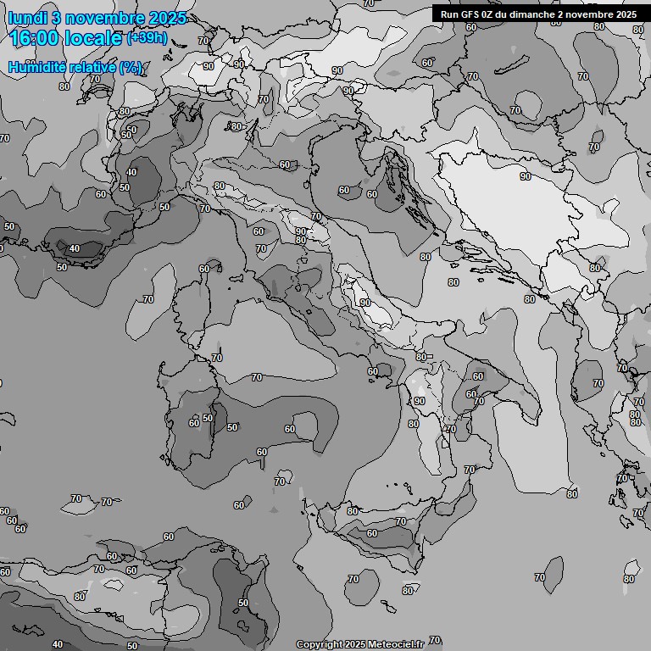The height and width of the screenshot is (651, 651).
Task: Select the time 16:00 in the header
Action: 39,38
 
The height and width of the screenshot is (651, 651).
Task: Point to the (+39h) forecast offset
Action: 146,38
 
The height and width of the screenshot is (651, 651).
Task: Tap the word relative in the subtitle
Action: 90,67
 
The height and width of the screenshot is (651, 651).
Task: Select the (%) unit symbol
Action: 131,67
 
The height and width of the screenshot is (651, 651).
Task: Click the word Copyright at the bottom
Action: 320,645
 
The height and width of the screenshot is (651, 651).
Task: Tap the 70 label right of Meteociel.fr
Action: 435,640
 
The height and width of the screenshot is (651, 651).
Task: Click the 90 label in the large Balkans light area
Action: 526,176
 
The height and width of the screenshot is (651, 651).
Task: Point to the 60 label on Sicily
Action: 371,533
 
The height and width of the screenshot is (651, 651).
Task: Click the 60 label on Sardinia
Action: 194,422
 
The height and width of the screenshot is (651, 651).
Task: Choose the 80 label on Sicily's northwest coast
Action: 353,511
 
